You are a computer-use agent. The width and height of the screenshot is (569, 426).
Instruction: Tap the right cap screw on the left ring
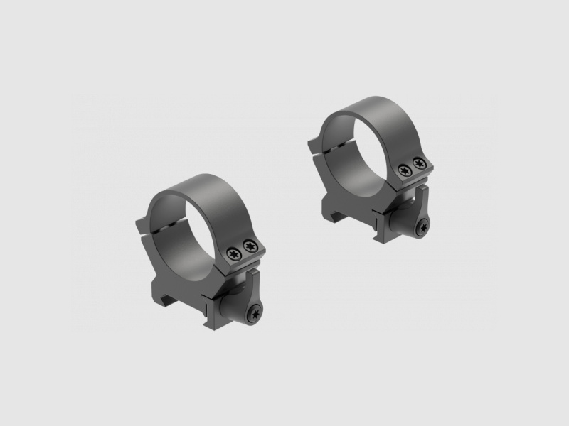pos(248,245)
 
